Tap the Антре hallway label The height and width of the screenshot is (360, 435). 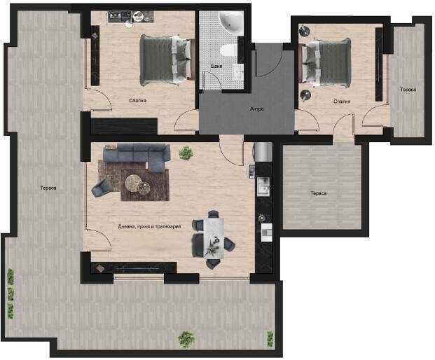[x=256, y=109]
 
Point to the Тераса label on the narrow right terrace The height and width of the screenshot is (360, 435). [x=408, y=90]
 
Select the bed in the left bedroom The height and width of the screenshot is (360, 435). [x=166, y=58]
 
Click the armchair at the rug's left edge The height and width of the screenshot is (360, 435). [x=100, y=187]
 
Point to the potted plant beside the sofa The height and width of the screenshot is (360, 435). [x=186, y=153]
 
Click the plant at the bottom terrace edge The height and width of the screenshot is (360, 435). [x=186, y=339]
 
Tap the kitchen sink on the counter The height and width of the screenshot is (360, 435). [x=263, y=186]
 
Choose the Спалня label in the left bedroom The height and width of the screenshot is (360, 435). [x=138, y=101]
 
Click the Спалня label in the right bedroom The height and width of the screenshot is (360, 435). [x=342, y=101]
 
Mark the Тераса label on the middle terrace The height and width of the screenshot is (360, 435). [x=318, y=193]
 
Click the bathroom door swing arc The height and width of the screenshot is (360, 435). [x=210, y=83]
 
